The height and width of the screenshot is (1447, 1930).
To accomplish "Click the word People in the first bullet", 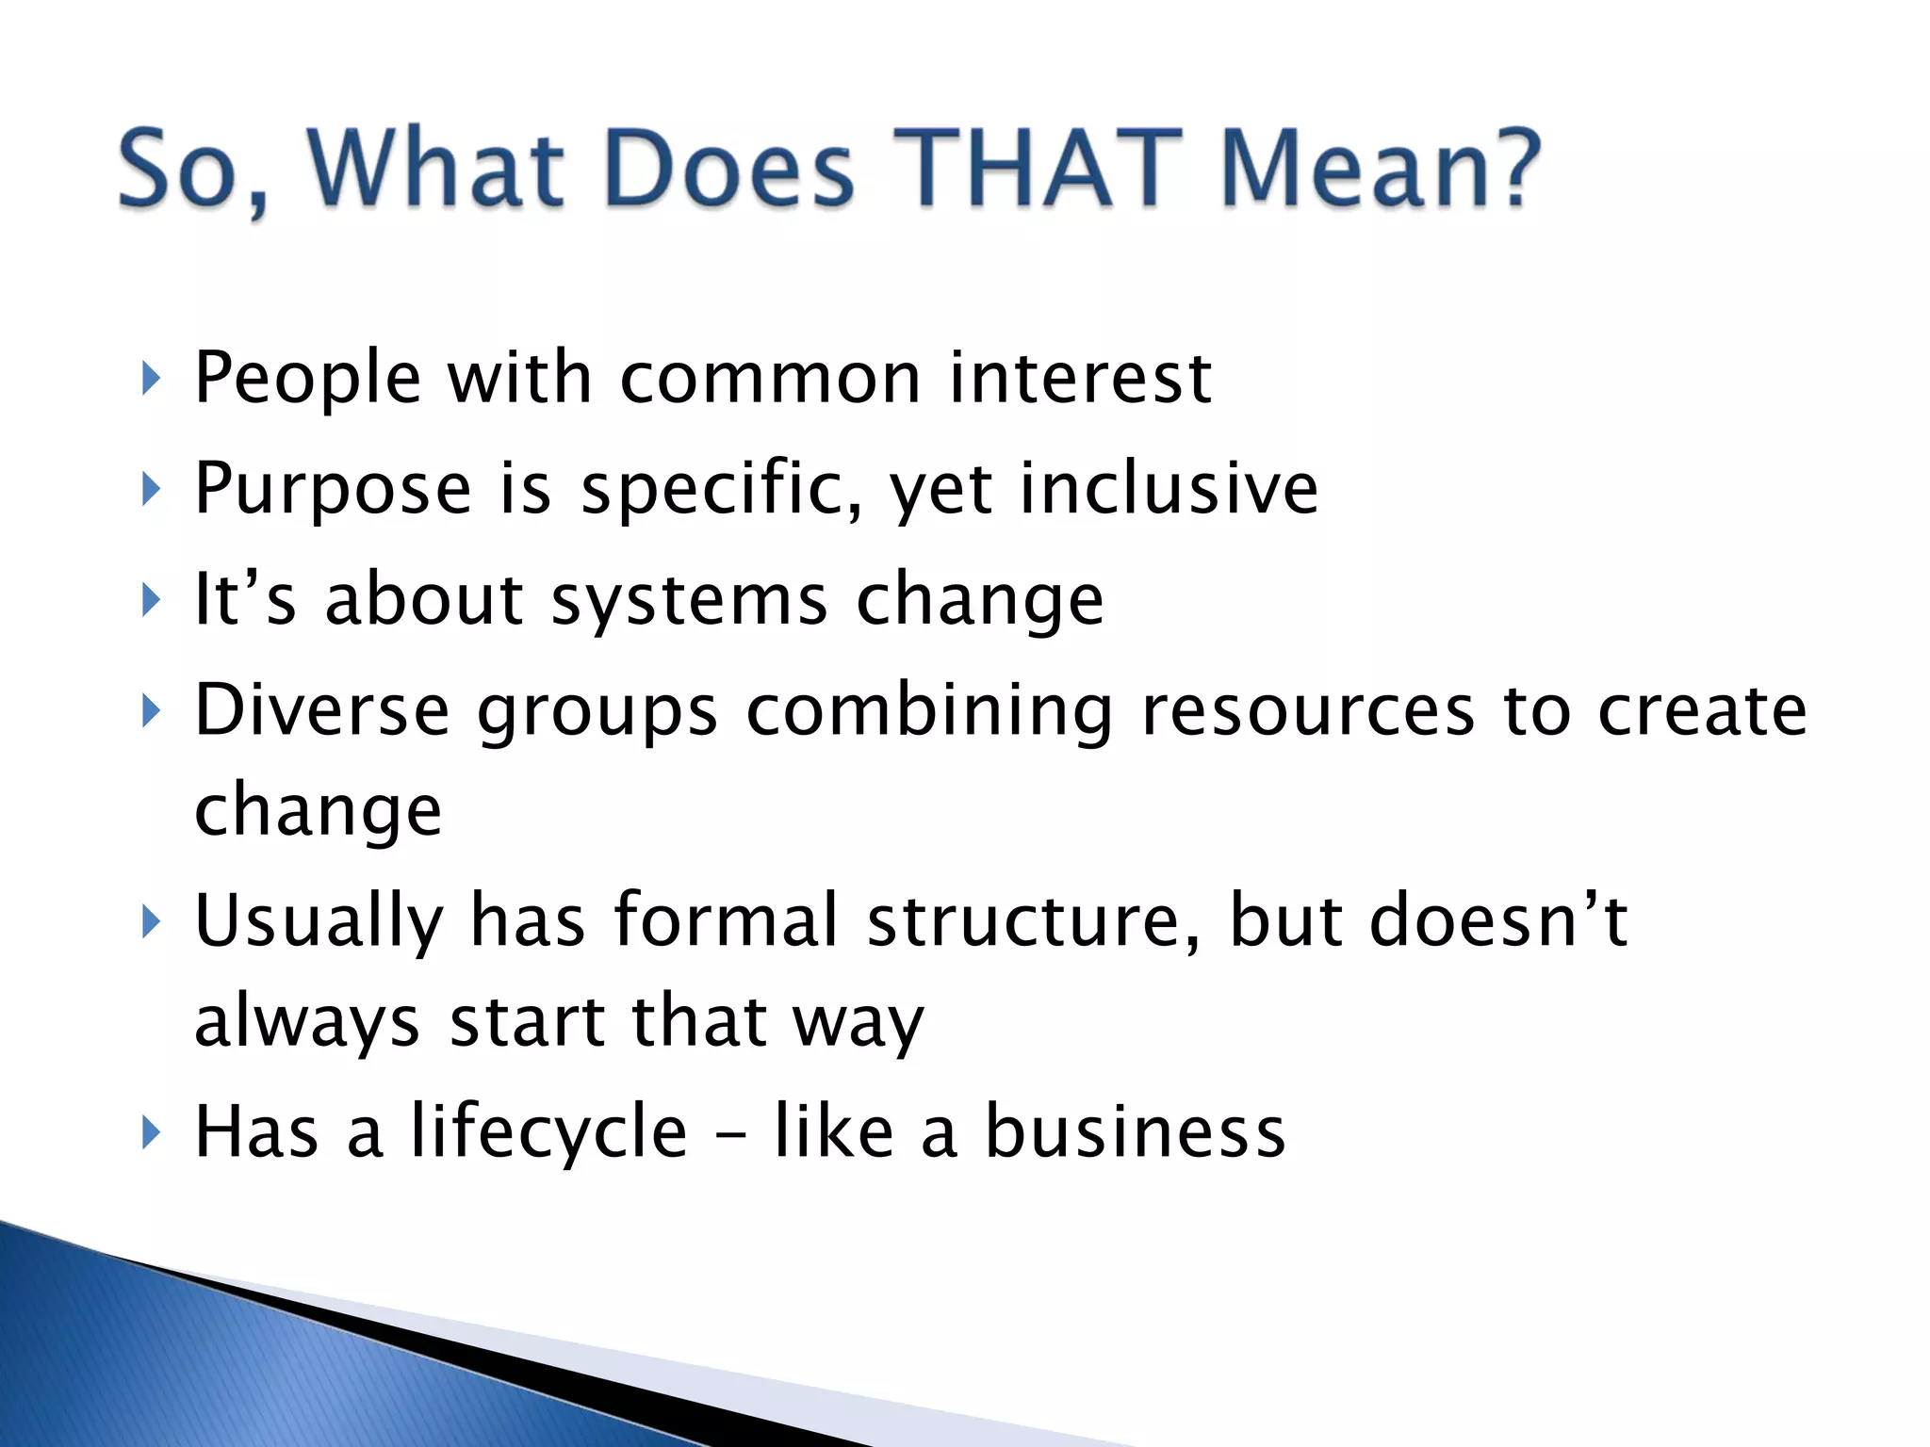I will pyautogui.click(x=307, y=379).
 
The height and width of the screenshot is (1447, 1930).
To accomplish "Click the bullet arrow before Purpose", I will pyautogui.click(x=150, y=489).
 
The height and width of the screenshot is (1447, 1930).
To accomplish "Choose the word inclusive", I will pyautogui.click(x=1169, y=489).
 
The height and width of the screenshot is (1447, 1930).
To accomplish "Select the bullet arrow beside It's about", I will pyautogui.click(x=150, y=600).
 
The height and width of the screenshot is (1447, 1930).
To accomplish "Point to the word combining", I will pyautogui.click(x=929, y=710).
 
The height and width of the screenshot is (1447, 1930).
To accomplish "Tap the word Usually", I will pyautogui.click(x=319, y=920).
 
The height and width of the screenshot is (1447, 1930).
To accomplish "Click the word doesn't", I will pyautogui.click(x=1498, y=920).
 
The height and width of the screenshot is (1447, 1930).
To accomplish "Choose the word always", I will pyautogui.click(x=307, y=1022).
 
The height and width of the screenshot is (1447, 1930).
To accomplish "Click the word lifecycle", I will pyautogui.click(x=548, y=1131).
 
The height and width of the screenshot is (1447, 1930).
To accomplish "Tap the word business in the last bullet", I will pyautogui.click(x=1135, y=1131).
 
